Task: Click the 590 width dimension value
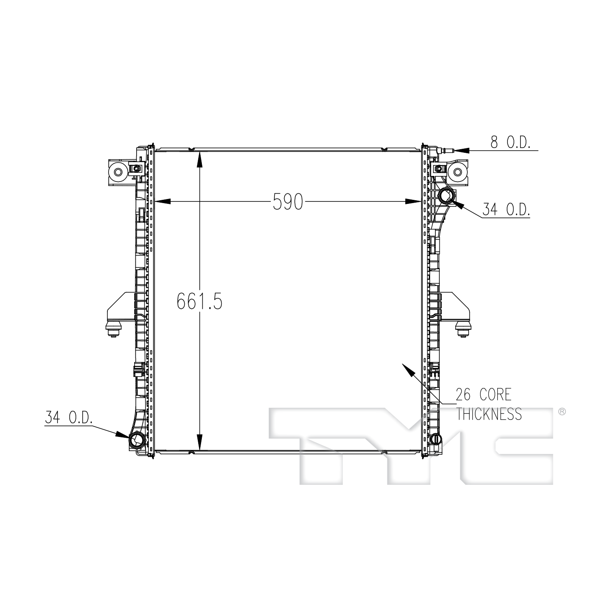(288, 201)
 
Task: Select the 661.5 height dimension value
(199, 301)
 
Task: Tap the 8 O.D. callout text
(510, 143)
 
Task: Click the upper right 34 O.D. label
(506, 209)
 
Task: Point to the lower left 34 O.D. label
(69, 418)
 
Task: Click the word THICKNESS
(489, 414)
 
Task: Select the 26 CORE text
(484, 394)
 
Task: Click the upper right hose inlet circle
(446, 197)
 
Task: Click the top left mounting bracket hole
(118, 172)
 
